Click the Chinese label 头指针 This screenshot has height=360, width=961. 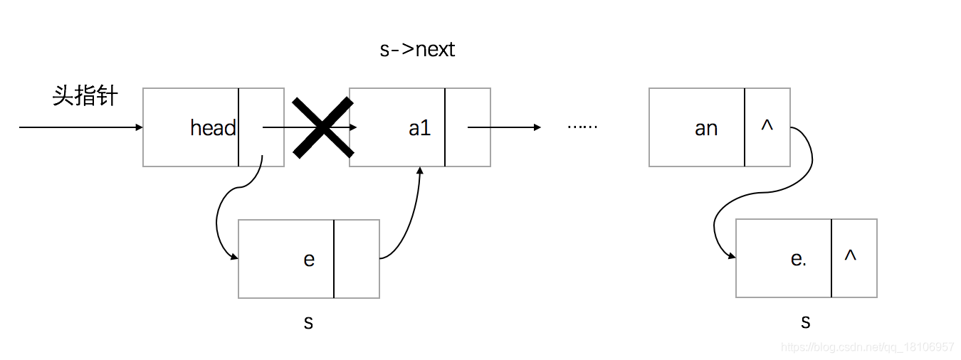click(85, 96)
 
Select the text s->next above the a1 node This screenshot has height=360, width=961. click(417, 50)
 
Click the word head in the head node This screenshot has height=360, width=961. click(213, 128)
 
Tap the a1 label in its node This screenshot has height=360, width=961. click(419, 128)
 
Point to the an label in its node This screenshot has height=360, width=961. click(705, 128)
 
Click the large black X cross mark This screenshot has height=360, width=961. click(322, 127)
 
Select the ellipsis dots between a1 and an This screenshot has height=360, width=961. click(582, 127)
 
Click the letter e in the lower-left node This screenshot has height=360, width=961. click(309, 259)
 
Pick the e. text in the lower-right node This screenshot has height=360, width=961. click(799, 259)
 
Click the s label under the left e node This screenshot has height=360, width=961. click(308, 322)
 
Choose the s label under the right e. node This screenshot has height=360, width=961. click(805, 322)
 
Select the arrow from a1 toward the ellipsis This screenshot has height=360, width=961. click(504, 127)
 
